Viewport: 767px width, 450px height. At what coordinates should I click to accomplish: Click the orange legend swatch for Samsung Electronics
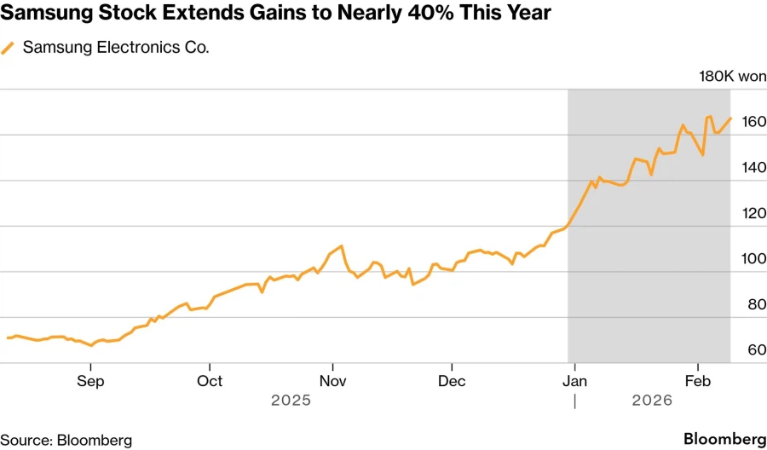tap(9, 49)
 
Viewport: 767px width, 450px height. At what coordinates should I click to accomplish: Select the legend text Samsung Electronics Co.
tap(116, 48)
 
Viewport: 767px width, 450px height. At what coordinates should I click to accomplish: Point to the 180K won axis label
tap(732, 77)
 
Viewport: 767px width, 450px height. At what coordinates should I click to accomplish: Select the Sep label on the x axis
tap(90, 381)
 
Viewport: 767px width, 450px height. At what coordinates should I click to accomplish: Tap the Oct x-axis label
tap(210, 381)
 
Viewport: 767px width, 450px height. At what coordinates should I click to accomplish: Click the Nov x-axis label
tap(333, 381)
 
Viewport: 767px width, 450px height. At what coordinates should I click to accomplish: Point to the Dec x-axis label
tap(453, 381)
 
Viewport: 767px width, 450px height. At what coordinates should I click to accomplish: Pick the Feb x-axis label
tap(698, 381)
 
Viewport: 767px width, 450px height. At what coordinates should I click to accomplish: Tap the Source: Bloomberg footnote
tap(66, 440)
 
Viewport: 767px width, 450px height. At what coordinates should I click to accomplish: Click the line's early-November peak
tap(341, 246)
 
